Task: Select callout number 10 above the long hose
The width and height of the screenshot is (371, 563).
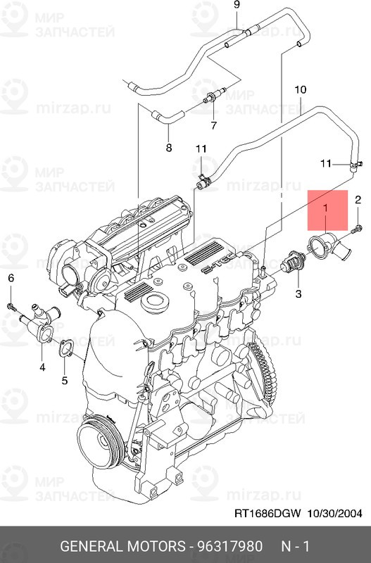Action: coord(301,90)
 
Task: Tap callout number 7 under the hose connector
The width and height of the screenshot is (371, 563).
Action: coord(213,125)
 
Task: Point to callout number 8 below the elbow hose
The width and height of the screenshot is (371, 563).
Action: coord(168,147)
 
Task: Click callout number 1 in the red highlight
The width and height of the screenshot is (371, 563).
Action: coord(325,208)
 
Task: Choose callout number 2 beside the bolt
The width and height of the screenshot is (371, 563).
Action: coord(358,200)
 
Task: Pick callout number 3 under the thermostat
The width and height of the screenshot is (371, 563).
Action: coord(298,293)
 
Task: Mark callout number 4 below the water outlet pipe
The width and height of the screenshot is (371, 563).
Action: coord(42,367)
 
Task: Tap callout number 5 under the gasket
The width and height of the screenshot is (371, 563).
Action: coord(64,381)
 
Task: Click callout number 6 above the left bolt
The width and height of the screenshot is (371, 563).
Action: coord(11,279)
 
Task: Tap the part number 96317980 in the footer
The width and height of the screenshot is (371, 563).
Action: coord(230,547)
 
